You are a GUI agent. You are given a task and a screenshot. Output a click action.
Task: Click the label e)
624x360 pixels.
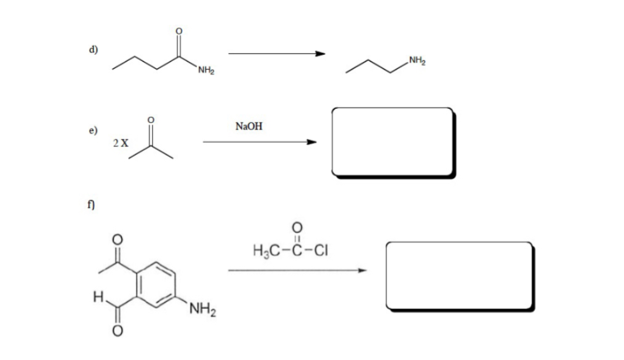(x=93, y=131)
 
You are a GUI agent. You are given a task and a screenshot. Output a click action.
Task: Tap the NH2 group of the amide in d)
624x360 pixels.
(x=205, y=72)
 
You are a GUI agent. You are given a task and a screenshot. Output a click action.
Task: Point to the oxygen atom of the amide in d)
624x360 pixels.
(x=179, y=31)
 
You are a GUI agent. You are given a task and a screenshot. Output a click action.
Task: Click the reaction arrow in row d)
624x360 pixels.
(x=276, y=54)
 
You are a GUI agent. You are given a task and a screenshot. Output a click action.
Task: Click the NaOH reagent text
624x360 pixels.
(x=249, y=126)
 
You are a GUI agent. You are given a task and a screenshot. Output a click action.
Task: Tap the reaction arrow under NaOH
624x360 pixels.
(x=259, y=142)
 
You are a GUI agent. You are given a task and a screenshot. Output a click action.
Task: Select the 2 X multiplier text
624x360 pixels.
(x=121, y=143)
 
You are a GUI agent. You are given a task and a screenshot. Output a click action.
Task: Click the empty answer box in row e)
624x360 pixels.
(x=392, y=141)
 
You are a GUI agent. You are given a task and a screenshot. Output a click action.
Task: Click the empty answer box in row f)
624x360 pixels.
(x=458, y=274)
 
